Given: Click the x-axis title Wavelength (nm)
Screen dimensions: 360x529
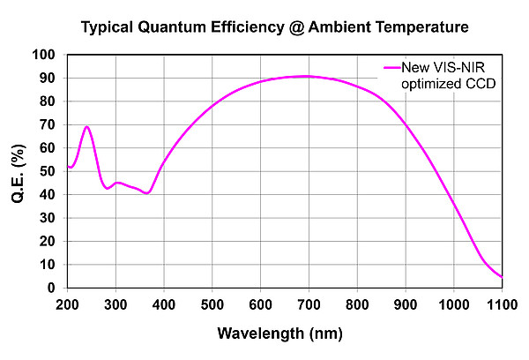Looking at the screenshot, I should [283, 334].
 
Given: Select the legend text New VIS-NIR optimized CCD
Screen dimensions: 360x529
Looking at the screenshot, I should [444, 75].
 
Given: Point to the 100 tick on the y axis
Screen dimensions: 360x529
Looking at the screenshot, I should [43, 55].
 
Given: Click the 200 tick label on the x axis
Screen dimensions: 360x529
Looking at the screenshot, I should [67, 304].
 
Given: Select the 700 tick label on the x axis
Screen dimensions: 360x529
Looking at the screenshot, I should [309, 304].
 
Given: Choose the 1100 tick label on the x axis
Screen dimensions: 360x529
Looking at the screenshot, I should [501, 304].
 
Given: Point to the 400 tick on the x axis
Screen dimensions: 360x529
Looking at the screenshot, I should [164, 304].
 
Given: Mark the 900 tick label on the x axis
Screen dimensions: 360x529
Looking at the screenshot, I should [405, 304].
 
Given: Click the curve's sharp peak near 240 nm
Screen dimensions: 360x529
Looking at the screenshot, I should [86, 127].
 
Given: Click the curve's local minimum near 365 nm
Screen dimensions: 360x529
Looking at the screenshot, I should [146, 192].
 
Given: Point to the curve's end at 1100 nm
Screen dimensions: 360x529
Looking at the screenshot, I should [502, 277].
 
